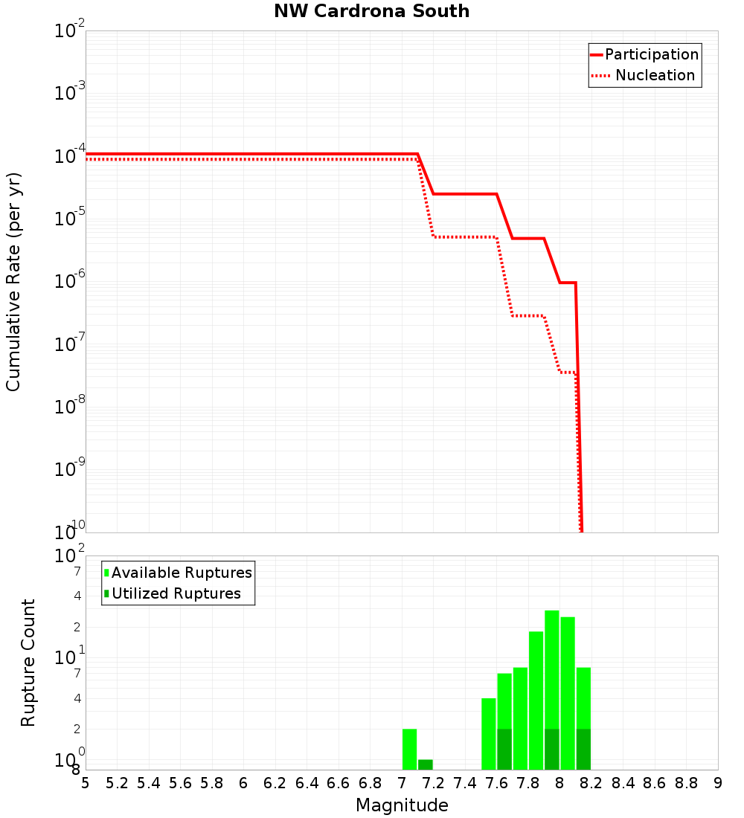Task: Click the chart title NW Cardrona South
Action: point(372,11)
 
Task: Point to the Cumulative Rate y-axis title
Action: point(13,281)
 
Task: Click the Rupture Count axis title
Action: point(28,663)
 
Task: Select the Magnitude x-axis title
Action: point(402,805)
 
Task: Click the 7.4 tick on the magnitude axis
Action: point(465,783)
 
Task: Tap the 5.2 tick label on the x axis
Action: point(117,783)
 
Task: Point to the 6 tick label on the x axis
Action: point(243,783)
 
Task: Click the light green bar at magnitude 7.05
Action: point(409,749)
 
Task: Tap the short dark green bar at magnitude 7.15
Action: point(426,764)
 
